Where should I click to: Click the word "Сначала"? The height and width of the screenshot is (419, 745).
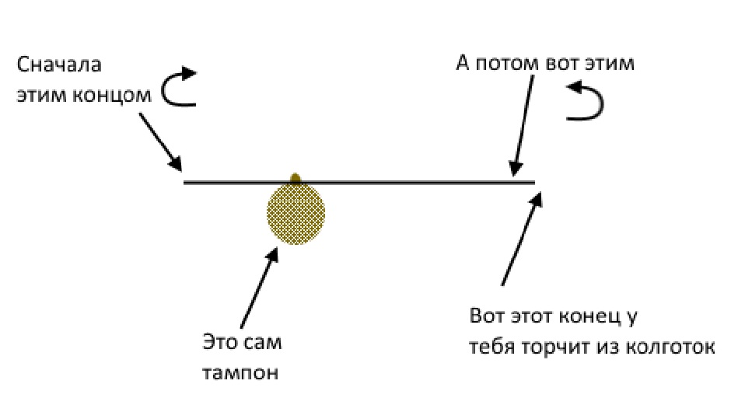pos(59,64)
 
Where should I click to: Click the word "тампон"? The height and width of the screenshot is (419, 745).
pos(240,373)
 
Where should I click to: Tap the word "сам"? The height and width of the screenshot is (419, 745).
pos(264,342)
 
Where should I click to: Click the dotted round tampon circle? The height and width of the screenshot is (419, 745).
pos(296,215)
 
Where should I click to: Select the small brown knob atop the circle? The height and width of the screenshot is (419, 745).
pos(296,179)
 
